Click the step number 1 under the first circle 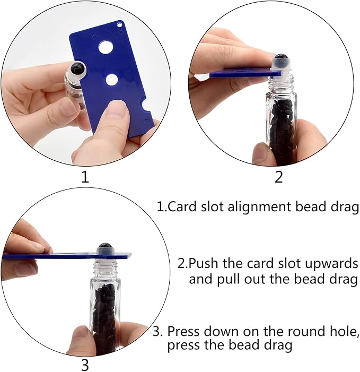click(x=85, y=177)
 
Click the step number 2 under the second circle click(x=278, y=177)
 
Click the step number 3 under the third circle click(x=85, y=365)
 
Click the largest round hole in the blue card click(x=106, y=47)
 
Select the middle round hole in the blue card click(x=112, y=80)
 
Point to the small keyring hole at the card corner click(x=120, y=24)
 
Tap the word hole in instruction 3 click(x=341, y=331)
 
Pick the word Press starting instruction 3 click(x=183, y=331)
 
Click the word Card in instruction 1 click(x=182, y=206)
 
